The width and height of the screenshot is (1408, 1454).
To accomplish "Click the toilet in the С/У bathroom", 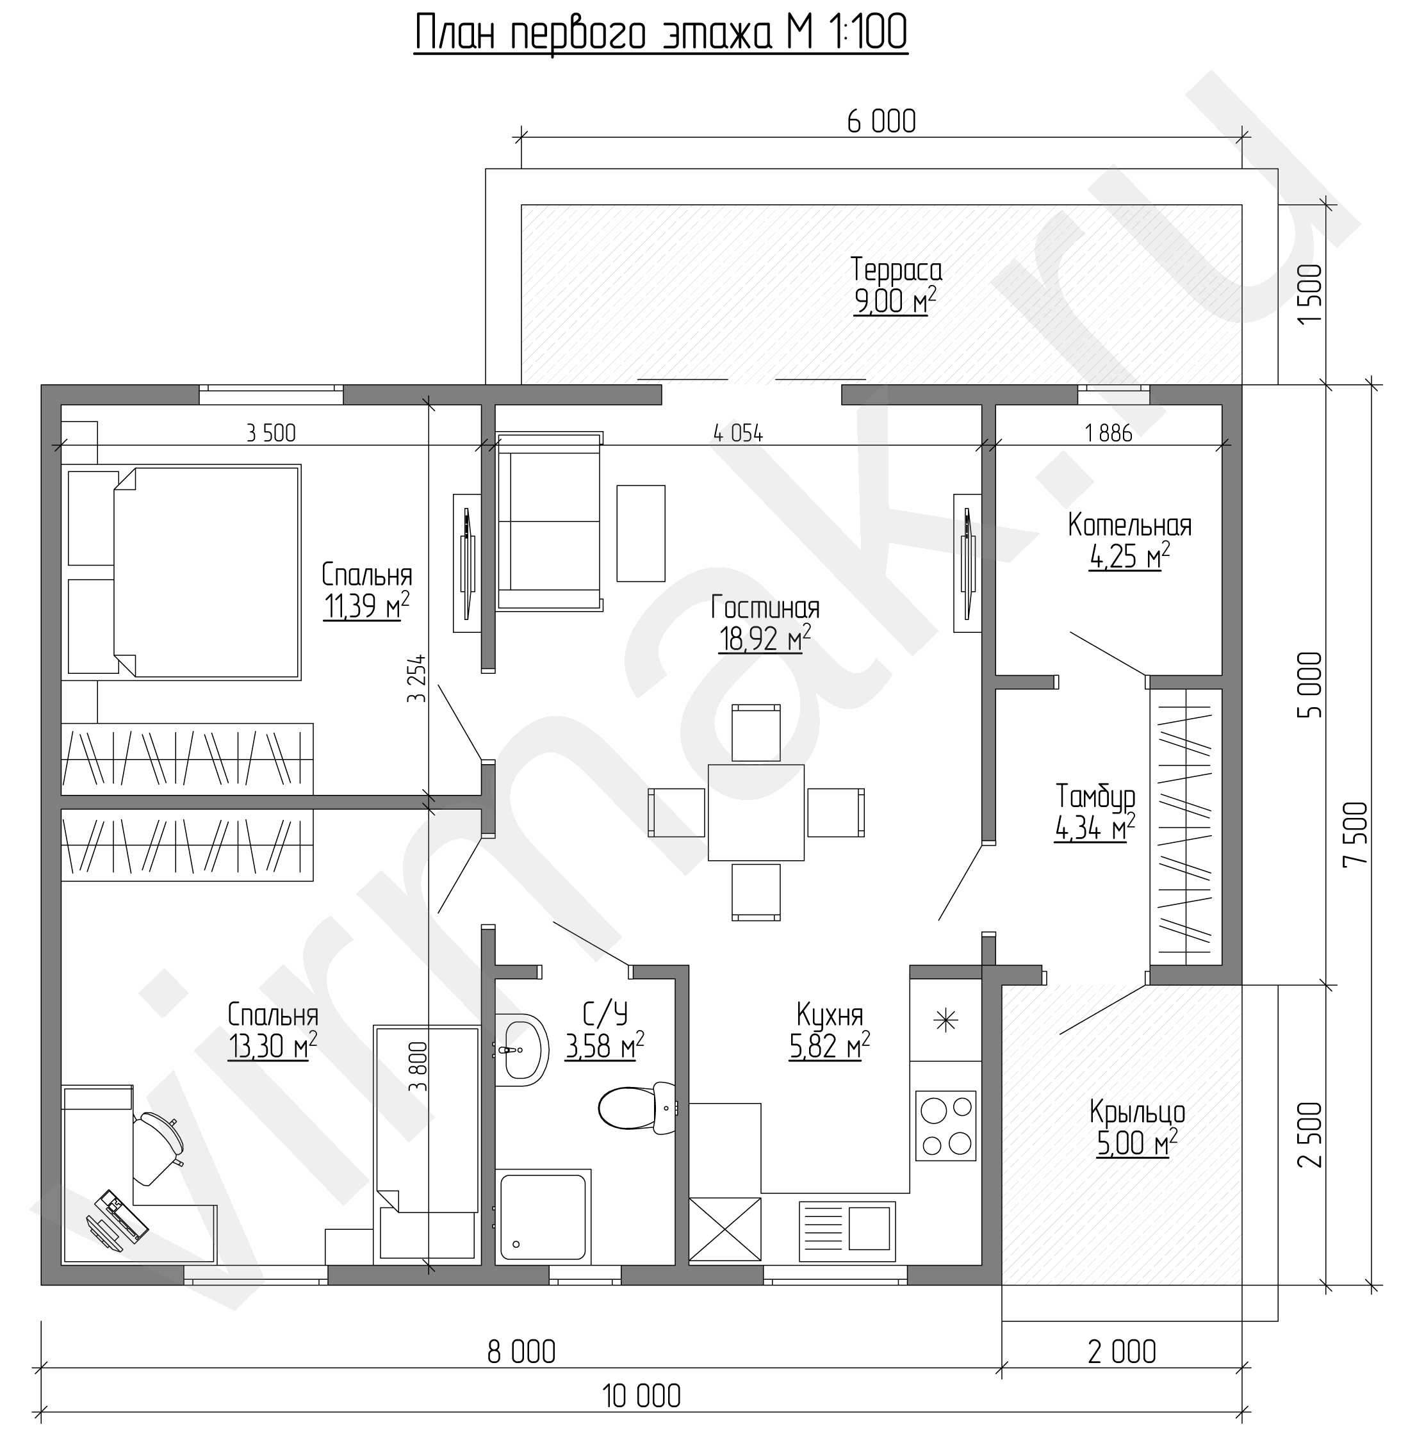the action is pos(638,1107).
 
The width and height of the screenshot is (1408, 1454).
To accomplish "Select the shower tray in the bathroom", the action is pos(544,1218).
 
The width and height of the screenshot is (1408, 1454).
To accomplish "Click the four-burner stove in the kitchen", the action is pos(945,1125).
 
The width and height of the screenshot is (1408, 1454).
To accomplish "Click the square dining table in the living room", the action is pos(756,812).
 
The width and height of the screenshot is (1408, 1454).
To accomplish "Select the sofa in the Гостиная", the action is pos(549,521).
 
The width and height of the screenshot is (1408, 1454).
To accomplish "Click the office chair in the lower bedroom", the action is pos(158,1147).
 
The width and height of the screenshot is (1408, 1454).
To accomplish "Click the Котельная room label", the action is pos(1130,525).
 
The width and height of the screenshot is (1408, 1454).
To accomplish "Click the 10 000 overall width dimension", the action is pos(642,1397).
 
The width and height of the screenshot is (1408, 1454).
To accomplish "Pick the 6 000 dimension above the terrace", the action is pos(881,122).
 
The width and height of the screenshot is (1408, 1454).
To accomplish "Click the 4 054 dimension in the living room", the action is pos(738,432).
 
